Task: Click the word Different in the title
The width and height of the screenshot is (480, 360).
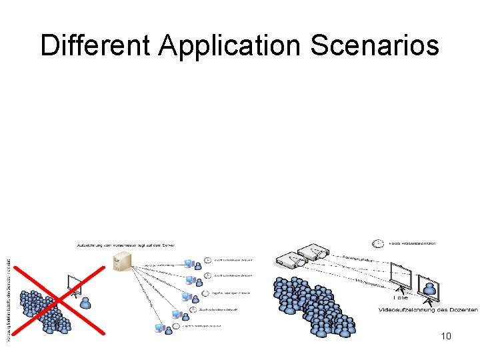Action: [95, 46]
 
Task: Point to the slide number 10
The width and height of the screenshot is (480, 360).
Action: [446, 336]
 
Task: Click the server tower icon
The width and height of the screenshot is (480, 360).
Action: [122, 261]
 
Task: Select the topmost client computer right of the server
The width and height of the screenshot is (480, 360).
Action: [189, 262]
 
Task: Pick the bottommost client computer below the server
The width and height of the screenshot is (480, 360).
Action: [160, 328]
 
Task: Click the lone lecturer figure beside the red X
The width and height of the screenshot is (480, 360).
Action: [85, 303]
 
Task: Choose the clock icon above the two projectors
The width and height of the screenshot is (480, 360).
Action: [377, 243]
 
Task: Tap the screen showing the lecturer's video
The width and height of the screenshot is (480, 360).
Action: [428, 284]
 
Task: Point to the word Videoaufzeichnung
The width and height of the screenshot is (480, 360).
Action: [411, 310]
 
